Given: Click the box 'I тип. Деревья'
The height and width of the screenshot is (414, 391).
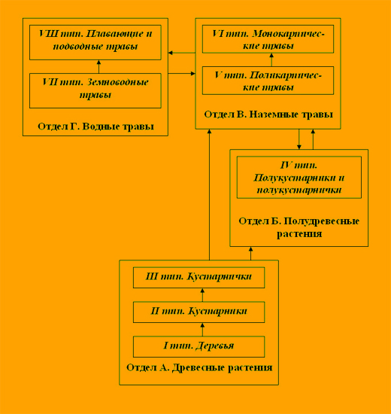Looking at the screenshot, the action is (x=199, y=346).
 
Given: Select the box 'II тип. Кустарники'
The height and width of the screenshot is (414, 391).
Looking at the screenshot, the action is (x=199, y=312).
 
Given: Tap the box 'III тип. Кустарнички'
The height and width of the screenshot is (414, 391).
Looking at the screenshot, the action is (x=199, y=278).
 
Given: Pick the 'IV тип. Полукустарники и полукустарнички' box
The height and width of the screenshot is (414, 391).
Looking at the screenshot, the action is (x=299, y=177).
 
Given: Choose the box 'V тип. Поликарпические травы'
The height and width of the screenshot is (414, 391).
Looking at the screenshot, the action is (x=268, y=81).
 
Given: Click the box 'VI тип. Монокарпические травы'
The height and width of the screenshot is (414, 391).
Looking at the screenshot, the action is (x=268, y=39).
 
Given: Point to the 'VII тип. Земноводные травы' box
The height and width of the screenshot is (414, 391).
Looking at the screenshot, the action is (x=95, y=90).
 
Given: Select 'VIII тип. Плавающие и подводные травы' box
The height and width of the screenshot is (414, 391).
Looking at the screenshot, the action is (x=95, y=42).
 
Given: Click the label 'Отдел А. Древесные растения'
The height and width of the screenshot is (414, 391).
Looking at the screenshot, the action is (x=199, y=367).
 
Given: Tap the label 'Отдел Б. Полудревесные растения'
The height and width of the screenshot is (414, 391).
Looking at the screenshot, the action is (x=299, y=227).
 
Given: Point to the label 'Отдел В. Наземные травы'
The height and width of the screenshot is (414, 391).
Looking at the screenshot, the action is (x=268, y=114).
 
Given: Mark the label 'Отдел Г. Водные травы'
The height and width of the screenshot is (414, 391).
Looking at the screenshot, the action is (x=95, y=126).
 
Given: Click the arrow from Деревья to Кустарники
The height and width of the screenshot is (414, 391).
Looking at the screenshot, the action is (x=202, y=329).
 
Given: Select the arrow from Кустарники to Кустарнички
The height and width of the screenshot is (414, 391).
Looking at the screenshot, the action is (x=202, y=295).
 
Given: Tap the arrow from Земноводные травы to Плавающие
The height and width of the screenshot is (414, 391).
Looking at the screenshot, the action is (x=99, y=66).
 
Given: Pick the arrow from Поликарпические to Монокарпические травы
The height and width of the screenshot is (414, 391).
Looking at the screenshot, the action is (x=271, y=60).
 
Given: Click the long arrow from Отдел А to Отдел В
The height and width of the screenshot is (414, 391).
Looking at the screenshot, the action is (x=209, y=195).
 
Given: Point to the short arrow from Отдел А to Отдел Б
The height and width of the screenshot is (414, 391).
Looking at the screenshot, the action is (x=250, y=254).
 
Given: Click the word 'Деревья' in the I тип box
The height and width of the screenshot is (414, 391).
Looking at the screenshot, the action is (x=215, y=346).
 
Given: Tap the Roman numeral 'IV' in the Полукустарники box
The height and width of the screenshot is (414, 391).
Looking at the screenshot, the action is (x=286, y=166).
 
